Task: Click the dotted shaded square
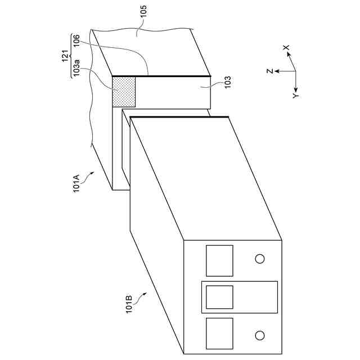coord(124,92)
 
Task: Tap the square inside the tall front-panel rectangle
coord(219,297)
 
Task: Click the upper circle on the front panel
coord(260,259)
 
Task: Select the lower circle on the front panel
coord(260,335)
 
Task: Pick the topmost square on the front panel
coord(219,260)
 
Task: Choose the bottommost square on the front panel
coord(219,334)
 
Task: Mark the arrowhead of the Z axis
coord(277,71)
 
